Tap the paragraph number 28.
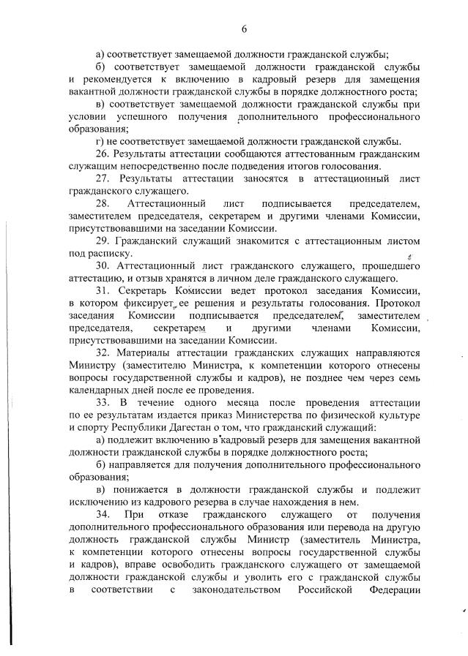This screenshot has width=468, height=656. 103,203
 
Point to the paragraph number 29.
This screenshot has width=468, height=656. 103,241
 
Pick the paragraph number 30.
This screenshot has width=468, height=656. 103,265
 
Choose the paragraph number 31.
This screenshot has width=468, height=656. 103,290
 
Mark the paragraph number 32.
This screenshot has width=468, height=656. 103,352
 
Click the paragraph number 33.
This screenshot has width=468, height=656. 103,402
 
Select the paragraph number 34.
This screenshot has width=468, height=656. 104,515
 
